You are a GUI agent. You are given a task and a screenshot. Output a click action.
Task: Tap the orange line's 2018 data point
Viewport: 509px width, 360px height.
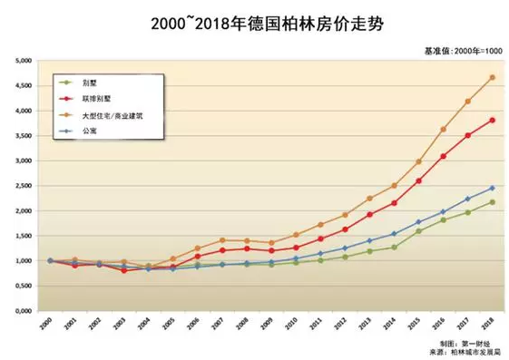493,77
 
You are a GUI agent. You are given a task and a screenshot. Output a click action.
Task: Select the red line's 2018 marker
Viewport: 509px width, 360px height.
493,120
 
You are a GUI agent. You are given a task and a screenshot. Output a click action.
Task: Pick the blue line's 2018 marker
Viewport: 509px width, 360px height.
493,188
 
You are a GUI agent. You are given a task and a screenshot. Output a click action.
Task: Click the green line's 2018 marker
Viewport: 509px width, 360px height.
493,201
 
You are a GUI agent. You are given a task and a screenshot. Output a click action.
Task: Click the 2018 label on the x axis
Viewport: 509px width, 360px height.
491,324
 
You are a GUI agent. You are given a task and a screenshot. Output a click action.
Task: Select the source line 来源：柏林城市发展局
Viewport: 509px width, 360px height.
464,351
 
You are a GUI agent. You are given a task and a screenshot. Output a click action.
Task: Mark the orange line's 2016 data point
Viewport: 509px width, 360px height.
443,129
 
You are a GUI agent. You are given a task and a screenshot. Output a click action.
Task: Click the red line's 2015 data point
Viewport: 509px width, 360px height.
418,180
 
